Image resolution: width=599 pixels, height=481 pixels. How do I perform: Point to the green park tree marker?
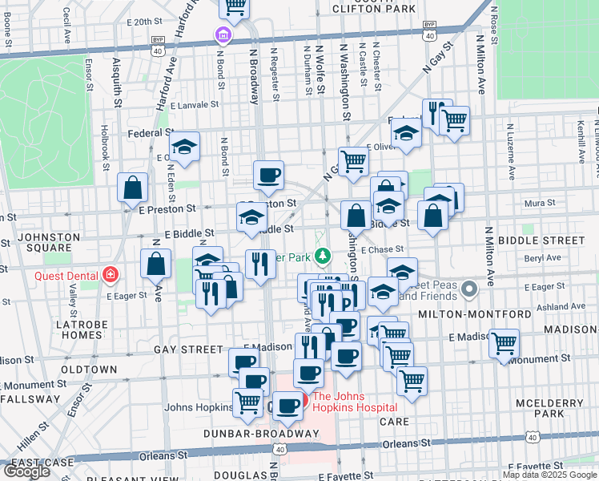322,257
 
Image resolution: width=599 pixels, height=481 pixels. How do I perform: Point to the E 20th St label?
133,22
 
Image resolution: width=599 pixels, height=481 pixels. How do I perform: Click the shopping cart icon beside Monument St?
504,344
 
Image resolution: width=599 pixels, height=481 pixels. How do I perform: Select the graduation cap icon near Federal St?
185,147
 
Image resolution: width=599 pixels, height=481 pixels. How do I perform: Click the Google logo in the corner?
27,471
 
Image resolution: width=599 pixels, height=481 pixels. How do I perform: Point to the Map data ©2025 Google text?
549,475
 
